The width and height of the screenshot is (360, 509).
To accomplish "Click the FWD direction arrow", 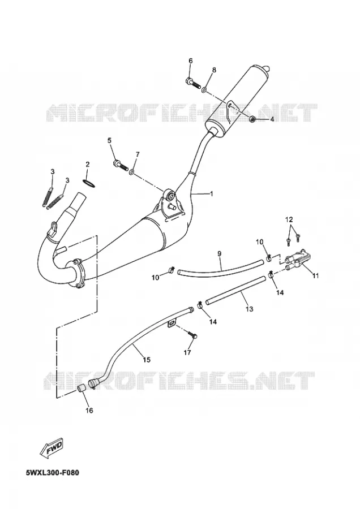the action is [52, 448].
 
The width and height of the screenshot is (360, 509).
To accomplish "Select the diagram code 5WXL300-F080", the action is [52, 473].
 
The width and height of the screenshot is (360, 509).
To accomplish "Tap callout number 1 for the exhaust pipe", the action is [212, 194].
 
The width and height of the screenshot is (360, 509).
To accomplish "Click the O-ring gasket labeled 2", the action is [89, 183].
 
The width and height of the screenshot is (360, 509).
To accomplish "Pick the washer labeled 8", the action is [205, 89].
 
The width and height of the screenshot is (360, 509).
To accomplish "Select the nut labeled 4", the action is [252, 119].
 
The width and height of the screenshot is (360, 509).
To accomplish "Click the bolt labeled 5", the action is [121, 165].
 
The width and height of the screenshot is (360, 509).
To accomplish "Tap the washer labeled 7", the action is [132, 171].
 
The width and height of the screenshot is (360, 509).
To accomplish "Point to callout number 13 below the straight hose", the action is [249, 309].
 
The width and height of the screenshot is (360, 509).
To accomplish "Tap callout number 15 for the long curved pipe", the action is [147, 359].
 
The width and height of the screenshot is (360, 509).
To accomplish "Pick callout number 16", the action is [89, 411].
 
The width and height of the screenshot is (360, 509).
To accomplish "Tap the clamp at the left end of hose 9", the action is [172, 269].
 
